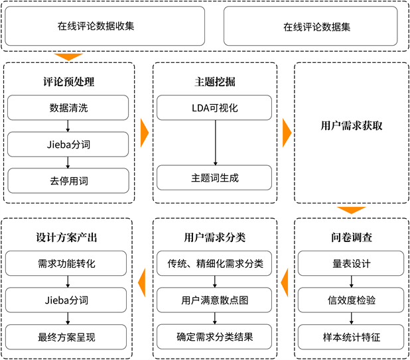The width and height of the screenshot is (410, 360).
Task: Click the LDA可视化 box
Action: click(214, 108)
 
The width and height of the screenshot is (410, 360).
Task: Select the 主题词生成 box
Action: click(214, 178)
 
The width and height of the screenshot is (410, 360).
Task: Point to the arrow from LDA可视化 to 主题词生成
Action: click(214, 143)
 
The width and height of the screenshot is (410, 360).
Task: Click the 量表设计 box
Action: click(352, 264)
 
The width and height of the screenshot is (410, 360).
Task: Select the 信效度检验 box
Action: click(352, 300)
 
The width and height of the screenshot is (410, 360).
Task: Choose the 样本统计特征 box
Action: click(352, 336)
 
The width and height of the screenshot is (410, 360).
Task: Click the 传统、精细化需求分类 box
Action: click(215, 264)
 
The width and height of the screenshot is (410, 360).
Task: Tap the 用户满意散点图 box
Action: click(215, 300)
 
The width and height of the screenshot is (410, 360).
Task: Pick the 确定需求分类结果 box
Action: click(215, 336)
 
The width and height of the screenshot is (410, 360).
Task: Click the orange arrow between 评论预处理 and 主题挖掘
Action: click(144, 133)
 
